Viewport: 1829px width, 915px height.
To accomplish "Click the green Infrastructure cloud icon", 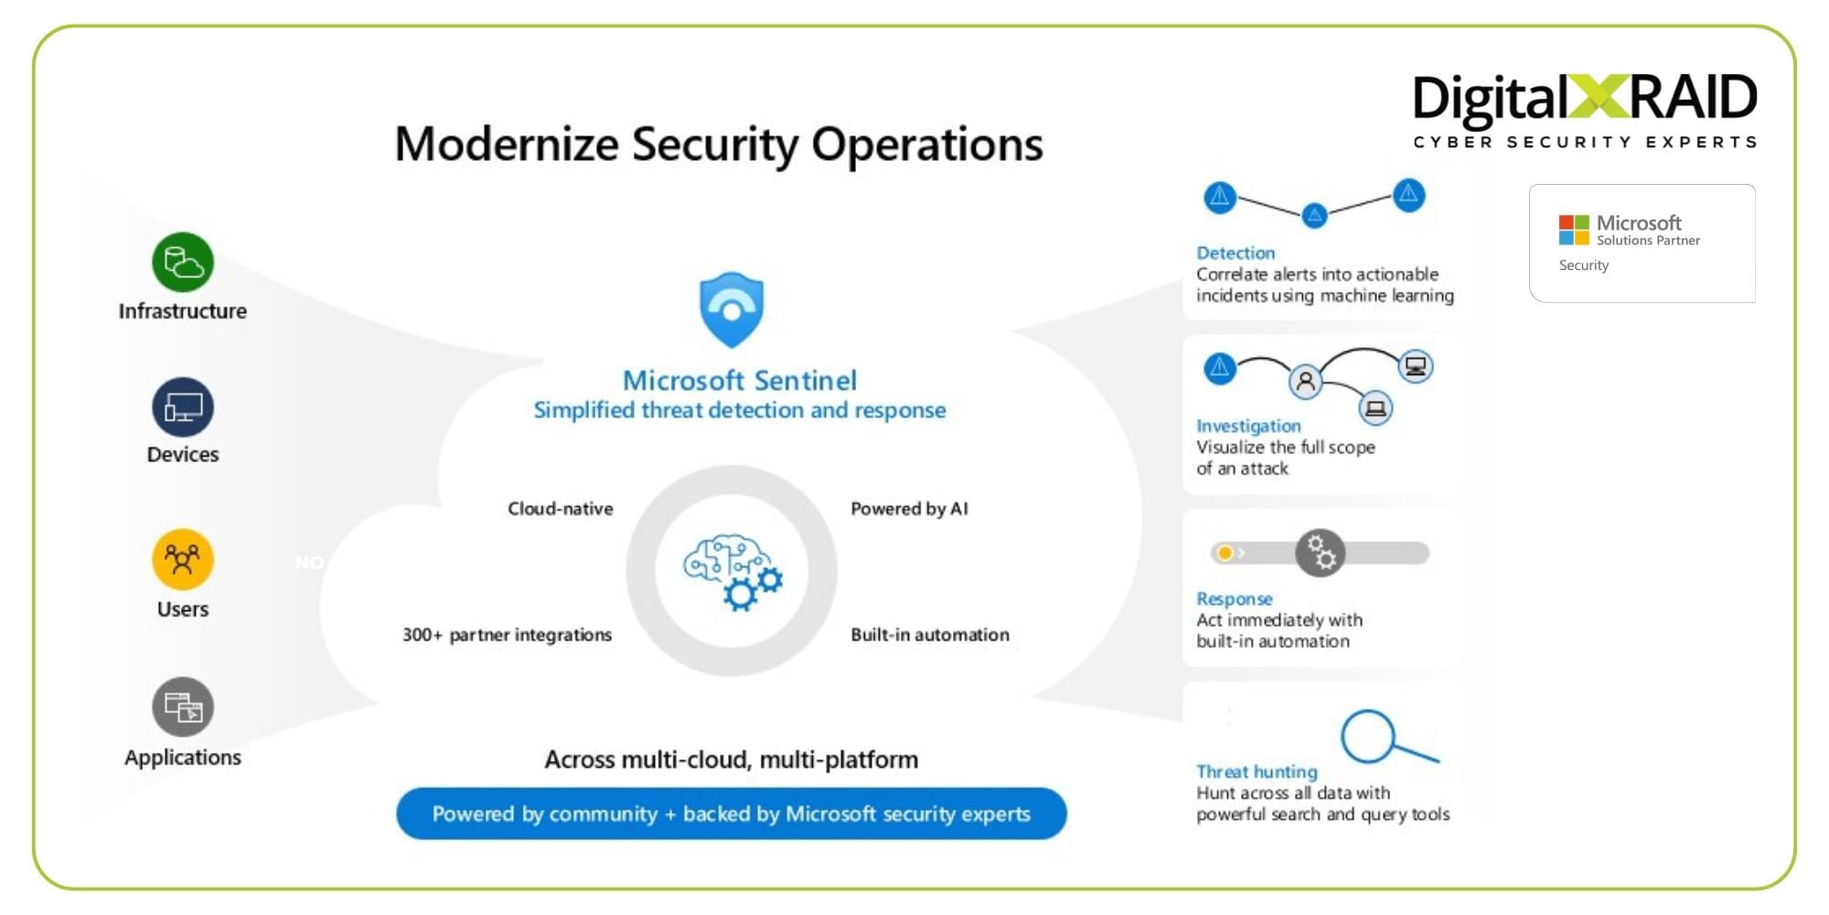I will [183, 263].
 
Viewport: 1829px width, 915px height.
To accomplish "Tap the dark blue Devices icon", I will [183, 407].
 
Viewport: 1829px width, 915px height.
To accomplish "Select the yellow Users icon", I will [183, 558].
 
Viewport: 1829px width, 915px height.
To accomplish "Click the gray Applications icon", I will [183, 706].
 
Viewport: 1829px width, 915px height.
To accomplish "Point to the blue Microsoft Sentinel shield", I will [731, 309].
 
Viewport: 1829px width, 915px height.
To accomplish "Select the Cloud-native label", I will [560, 509].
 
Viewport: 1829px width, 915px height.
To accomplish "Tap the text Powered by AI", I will [909, 509].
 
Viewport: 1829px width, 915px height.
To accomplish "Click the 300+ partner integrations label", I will [507, 635].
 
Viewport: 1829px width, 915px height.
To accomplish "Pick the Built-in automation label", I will [929, 635].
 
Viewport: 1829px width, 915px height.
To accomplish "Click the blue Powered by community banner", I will [731, 813].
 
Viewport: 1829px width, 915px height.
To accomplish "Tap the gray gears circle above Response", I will [1320, 553].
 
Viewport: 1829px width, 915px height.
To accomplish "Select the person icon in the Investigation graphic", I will [1306, 381].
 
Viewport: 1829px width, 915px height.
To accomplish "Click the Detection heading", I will [1235, 253].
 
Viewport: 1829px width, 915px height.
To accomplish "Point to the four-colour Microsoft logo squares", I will [1573, 230].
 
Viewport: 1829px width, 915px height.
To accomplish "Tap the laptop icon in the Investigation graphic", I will [1375, 408].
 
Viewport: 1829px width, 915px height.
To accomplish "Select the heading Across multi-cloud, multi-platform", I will [731, 759].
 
